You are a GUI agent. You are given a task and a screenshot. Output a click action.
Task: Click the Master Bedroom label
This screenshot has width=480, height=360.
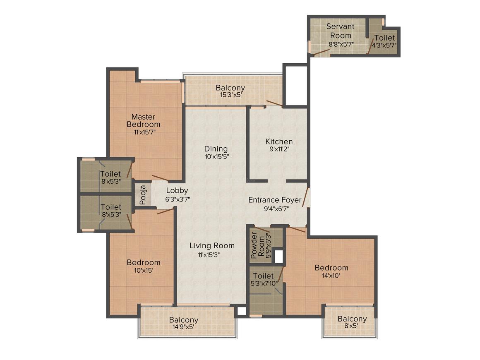tap(143, 120)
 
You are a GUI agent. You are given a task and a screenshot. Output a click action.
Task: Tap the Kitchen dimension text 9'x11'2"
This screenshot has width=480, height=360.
tap(279, 149)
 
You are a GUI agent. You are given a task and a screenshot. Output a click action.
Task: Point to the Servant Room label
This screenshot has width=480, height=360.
tap(341, 31)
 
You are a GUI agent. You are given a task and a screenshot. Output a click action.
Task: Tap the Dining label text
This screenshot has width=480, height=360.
tap(216, 149)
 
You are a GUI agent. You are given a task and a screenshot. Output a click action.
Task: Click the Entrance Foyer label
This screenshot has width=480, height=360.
tap(275, 200)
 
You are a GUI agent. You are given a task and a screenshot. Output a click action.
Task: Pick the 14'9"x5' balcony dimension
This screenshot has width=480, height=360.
tap(184, 327)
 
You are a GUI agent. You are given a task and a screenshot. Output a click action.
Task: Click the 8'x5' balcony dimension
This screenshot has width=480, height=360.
tap(352, 326)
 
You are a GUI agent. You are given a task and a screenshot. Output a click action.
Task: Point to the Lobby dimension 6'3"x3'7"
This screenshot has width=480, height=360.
tap(177, 199)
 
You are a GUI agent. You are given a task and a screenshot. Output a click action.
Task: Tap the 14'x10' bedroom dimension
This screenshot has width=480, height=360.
tap(331, 276)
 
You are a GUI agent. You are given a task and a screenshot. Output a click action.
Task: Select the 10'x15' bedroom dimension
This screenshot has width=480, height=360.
tap(143, 271)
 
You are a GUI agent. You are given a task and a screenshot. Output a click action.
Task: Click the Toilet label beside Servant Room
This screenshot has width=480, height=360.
tap(384, 38)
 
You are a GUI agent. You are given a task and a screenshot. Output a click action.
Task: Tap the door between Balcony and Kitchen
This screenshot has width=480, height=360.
tap(274, 103)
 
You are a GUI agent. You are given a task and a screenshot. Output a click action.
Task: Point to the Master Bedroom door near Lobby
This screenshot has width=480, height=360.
tap(160, 178)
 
